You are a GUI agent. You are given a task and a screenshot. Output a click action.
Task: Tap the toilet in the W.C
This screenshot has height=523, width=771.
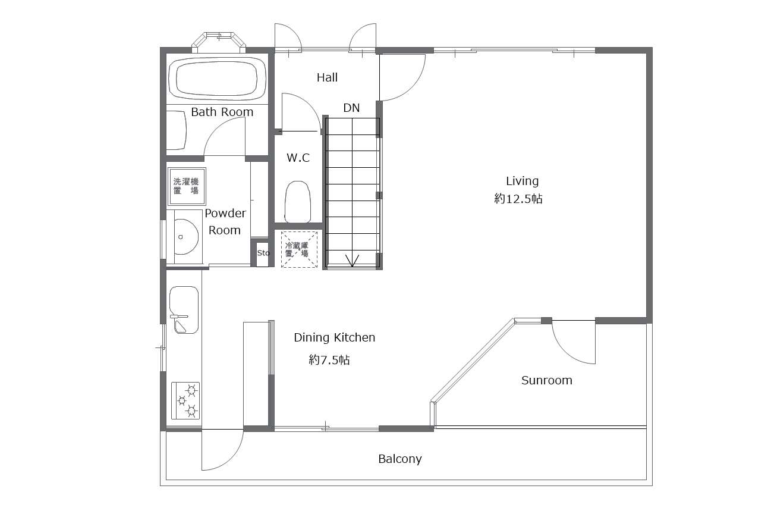[298, 202]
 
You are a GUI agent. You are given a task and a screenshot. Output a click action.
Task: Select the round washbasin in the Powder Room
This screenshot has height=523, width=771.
[186, 237]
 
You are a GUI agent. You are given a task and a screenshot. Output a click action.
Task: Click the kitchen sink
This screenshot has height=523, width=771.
[184, 310]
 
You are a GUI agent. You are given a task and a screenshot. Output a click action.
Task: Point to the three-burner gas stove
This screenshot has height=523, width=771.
[185, 400]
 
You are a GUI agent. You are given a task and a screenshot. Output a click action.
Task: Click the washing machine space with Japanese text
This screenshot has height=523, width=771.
[186, 186]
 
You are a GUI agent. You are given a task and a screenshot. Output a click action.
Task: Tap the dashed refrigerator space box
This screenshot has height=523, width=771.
[299, 249]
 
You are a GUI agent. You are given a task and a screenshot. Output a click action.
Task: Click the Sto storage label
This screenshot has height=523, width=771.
[263, 253]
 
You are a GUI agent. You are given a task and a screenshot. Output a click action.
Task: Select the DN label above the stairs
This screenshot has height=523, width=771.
[351, 108]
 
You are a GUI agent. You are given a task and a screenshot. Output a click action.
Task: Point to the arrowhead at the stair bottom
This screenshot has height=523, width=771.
[352, 261]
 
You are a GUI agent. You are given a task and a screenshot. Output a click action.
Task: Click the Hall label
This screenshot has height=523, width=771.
[327, 77]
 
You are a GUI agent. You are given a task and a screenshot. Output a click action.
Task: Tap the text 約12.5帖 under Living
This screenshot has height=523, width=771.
[518, 199]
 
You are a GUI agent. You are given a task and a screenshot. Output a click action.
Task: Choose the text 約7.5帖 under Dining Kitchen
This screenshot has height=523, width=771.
[329, 360]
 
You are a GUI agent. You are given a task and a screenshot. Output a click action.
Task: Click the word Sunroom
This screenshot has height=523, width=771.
[546, 380]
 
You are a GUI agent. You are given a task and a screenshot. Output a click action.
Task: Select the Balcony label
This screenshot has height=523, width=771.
[400, 459]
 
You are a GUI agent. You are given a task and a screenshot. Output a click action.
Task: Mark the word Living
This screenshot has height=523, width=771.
[522, 181]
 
